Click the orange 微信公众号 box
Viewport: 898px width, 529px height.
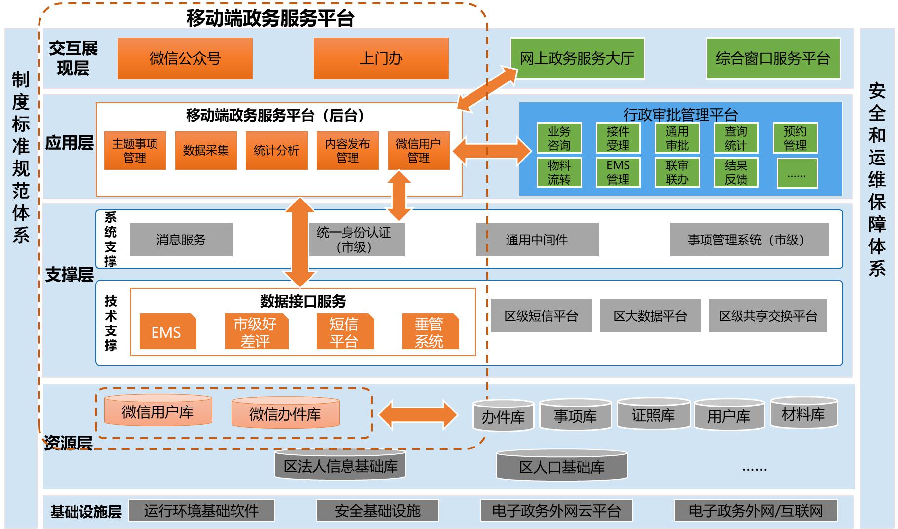tap(185, 58)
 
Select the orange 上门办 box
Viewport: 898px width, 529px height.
tap(381, 58)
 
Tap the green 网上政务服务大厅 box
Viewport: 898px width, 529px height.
tap(577, 58)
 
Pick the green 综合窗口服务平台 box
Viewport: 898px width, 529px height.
tap(773, 58)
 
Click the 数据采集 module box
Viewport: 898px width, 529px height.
tap(206, 151)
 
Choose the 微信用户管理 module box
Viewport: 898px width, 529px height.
tap(419, 151)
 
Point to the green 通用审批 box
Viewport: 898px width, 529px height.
tap(677, 138)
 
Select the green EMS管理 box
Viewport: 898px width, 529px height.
tap(618, 172)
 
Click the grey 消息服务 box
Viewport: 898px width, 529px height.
tap(181, 240)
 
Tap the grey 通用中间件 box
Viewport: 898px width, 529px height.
tap(537, 240)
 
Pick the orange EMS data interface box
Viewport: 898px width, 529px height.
tap(167, 332)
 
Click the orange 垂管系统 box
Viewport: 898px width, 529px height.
tap(430, 332)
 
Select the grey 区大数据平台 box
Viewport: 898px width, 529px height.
tap(650, 316)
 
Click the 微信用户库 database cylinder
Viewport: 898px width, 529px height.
tap(158, 411)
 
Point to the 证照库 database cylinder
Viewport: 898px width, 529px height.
tap(653, 415)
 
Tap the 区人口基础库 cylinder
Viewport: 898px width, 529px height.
tap(562, 466)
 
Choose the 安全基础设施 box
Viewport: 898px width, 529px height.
tap(378, 510)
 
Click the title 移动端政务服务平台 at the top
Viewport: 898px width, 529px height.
tap(271, 18)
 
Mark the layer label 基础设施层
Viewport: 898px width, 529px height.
tap(86, 511)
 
